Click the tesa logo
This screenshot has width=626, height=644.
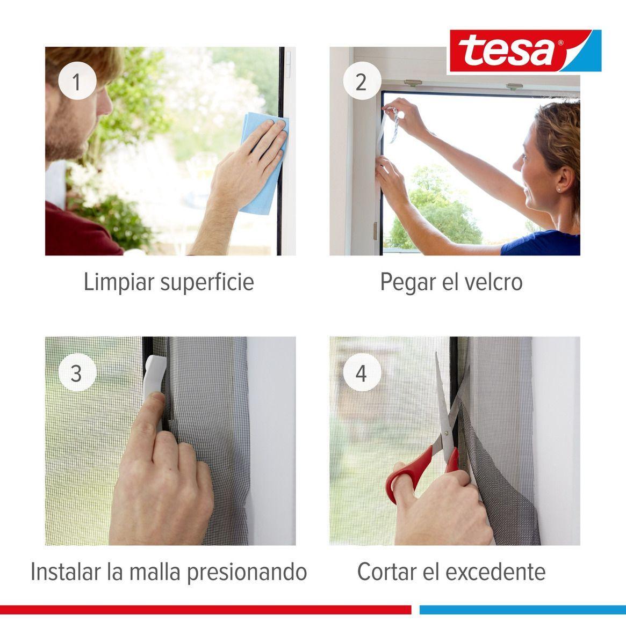(524, 51)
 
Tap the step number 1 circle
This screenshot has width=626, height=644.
(77, 83)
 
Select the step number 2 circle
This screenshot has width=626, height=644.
(361, 83)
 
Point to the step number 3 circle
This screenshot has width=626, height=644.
(77, 372)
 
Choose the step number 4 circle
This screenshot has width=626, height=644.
(361, 372)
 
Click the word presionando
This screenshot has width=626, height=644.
(247, 572)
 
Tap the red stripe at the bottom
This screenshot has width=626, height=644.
(204, 610)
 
